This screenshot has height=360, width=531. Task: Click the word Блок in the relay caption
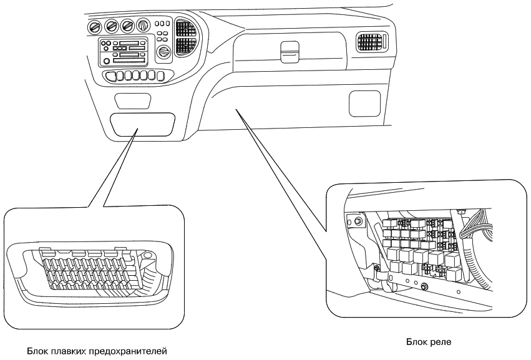(x=416, y=342)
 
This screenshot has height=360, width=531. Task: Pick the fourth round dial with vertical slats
(x=144, y=26)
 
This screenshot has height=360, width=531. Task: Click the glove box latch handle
(x=289, y=49)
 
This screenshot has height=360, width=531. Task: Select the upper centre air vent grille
(x=185, y=27)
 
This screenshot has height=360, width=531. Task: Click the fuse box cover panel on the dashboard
(x=142, y=124)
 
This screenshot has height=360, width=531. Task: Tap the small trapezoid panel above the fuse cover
(x=133, y=100)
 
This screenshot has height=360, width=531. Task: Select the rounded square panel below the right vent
(x=363, y=102)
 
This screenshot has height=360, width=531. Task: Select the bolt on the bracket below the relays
(x=425, y=286)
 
